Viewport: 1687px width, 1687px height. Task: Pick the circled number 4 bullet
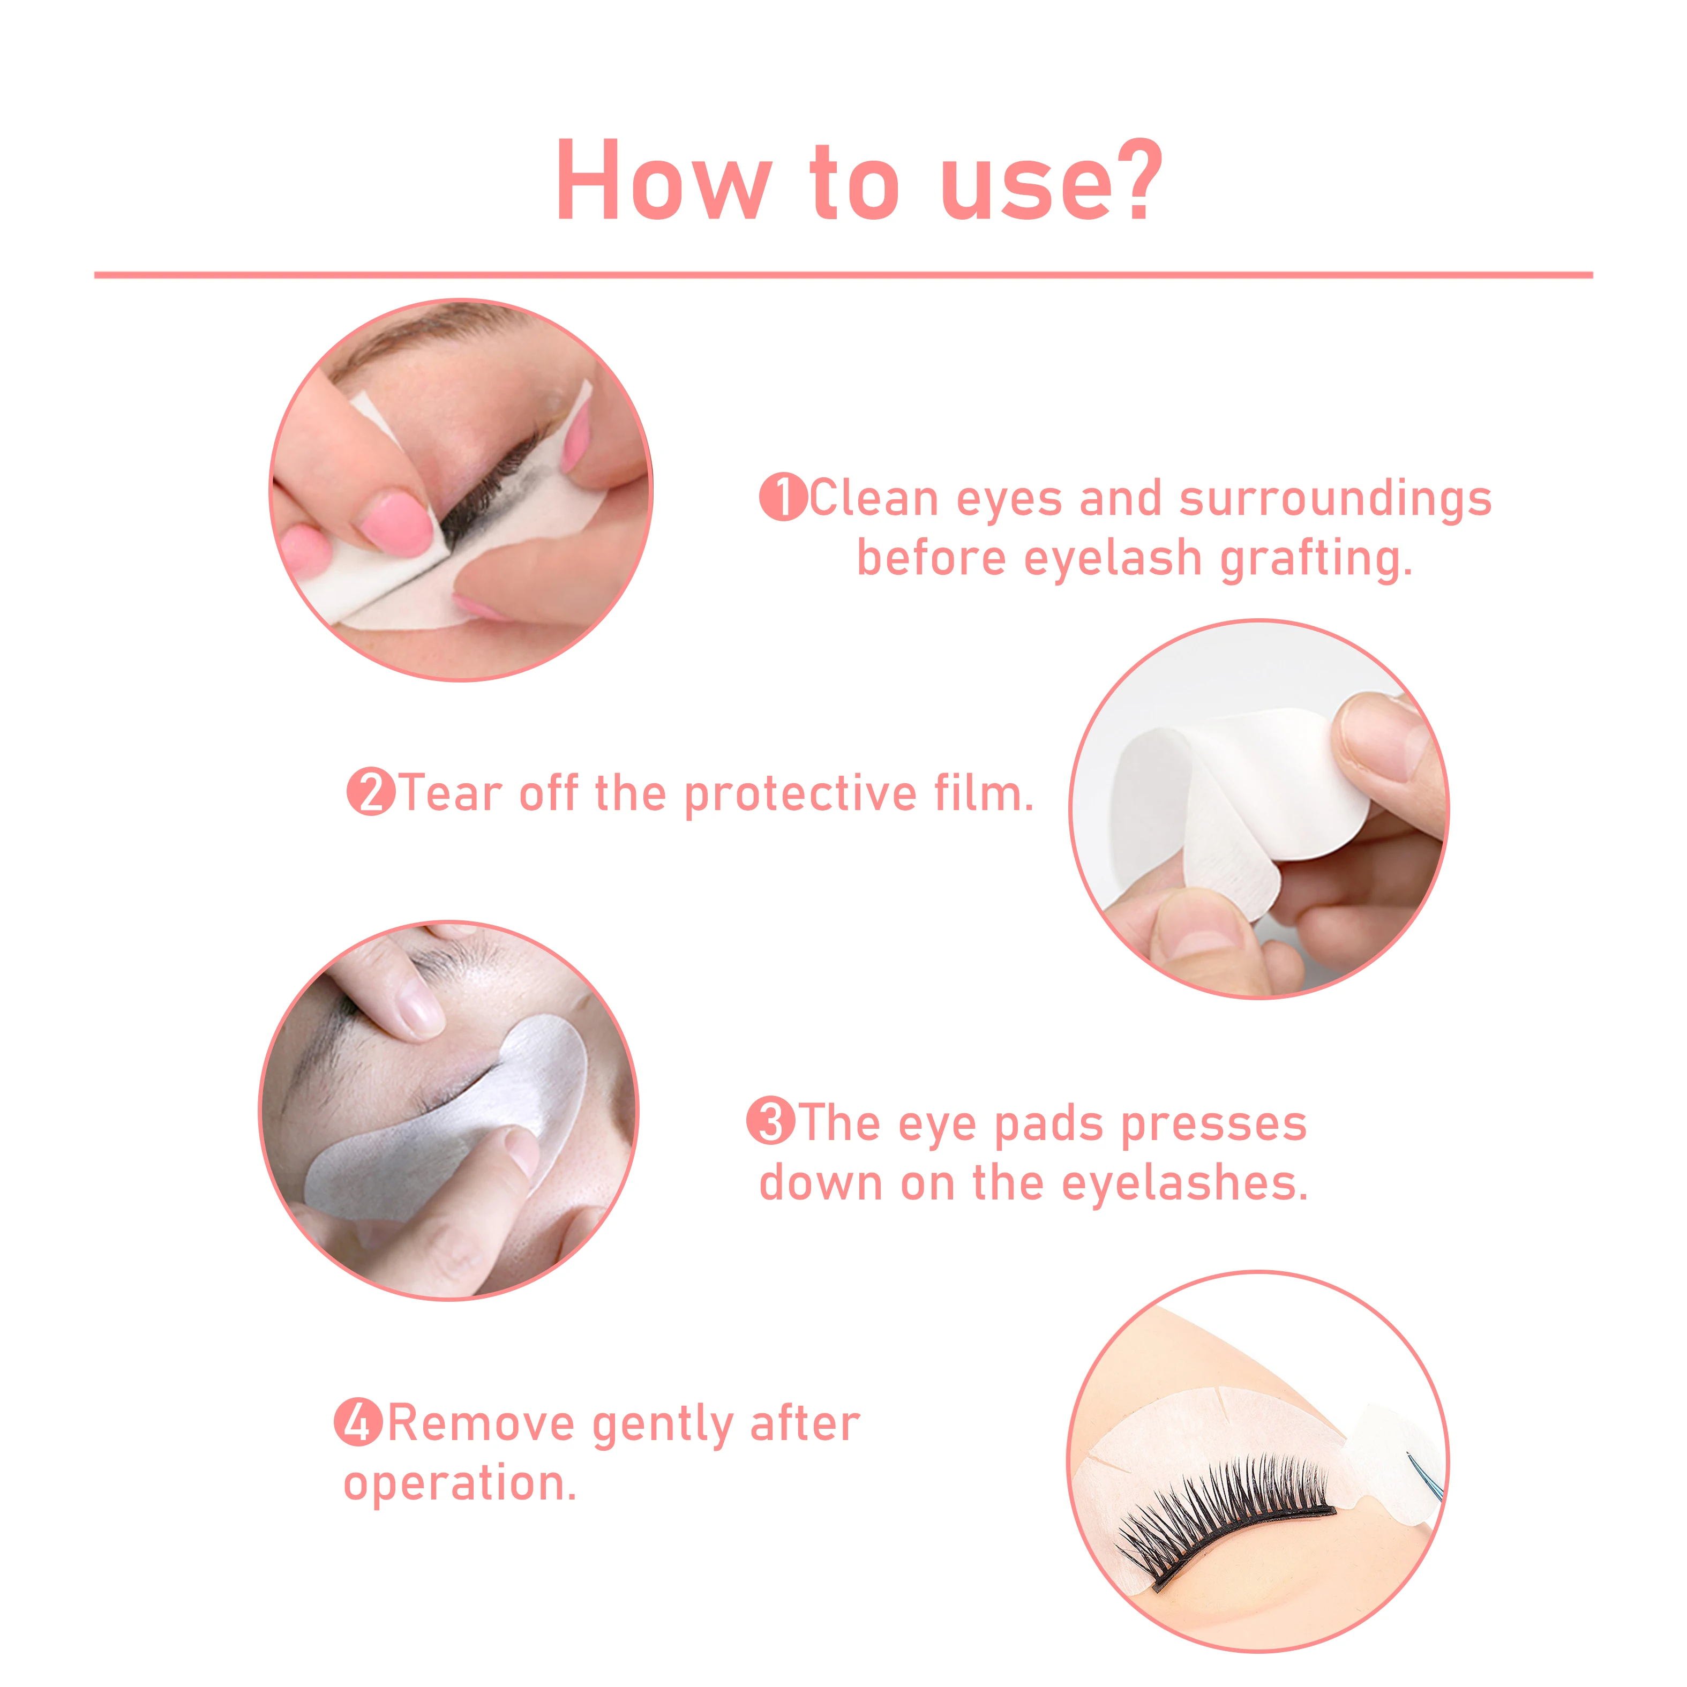pos(358,1422)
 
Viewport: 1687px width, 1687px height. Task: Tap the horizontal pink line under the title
pos(843,275)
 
